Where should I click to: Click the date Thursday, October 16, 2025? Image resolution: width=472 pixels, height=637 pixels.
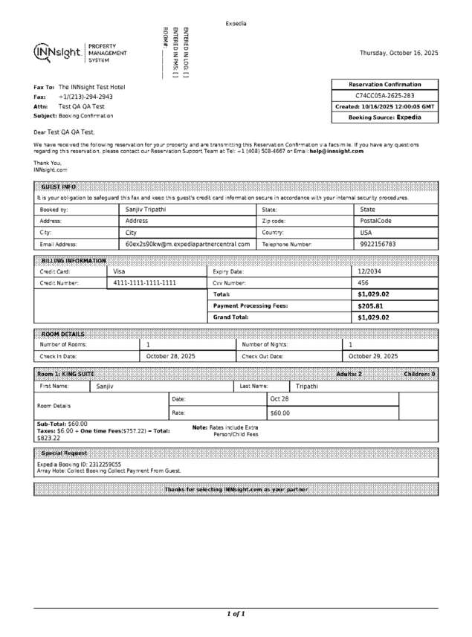398,54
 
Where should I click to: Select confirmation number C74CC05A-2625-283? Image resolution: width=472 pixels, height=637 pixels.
384,96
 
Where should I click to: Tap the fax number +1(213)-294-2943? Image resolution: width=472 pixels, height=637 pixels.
85,97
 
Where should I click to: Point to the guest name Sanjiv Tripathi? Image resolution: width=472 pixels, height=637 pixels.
146,210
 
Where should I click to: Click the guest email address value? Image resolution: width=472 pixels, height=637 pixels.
187,244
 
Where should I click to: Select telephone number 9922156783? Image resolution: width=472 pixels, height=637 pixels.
378,244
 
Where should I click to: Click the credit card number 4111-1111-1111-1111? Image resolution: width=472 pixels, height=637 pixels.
145,283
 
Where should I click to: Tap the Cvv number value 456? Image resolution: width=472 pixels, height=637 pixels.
363,283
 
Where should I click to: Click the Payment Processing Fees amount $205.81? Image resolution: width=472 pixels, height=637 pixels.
370,306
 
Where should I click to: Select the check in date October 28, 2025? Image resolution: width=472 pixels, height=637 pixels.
170,356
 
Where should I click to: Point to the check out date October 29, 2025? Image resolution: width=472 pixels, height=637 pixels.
373,356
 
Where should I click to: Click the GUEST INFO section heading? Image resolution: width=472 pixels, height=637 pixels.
59,187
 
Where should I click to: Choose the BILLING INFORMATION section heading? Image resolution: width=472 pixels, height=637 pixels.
73,261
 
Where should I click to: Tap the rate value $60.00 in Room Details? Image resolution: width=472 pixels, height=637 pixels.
279,413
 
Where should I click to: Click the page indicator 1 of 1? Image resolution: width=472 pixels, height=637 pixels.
236,614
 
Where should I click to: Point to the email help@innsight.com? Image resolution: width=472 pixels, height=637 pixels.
337,151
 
